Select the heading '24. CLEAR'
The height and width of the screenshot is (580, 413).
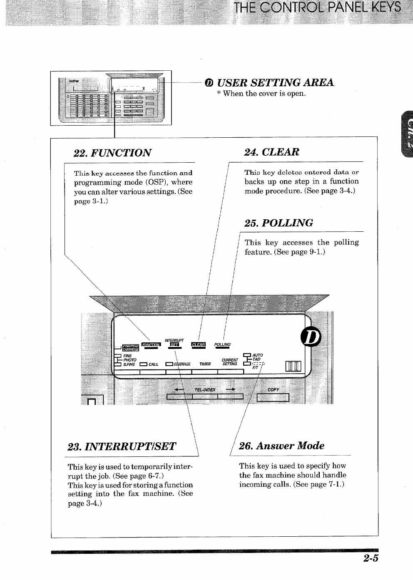tap(271, 152)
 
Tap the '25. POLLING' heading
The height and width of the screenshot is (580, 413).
tap(279, 223)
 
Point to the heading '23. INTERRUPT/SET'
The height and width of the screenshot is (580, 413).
tap(122, 446)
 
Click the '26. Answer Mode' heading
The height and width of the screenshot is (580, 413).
tap(282, 446)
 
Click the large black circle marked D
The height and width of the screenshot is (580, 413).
tap(312, 337)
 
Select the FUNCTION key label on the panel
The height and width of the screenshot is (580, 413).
tap(151, 345)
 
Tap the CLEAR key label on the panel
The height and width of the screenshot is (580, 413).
tap(198, 345)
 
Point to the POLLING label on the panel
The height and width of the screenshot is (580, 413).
tap(222, 345)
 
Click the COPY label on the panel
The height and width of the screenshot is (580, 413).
tap(273, 390)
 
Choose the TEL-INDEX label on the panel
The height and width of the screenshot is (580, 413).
tap(205, 390)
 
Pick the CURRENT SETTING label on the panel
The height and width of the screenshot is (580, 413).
tap(229, 362)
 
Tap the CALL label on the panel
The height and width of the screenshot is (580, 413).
tap(153, 364)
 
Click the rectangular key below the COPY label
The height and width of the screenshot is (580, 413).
tap(273, 398)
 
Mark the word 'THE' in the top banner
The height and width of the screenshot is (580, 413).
tap(246, 7)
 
